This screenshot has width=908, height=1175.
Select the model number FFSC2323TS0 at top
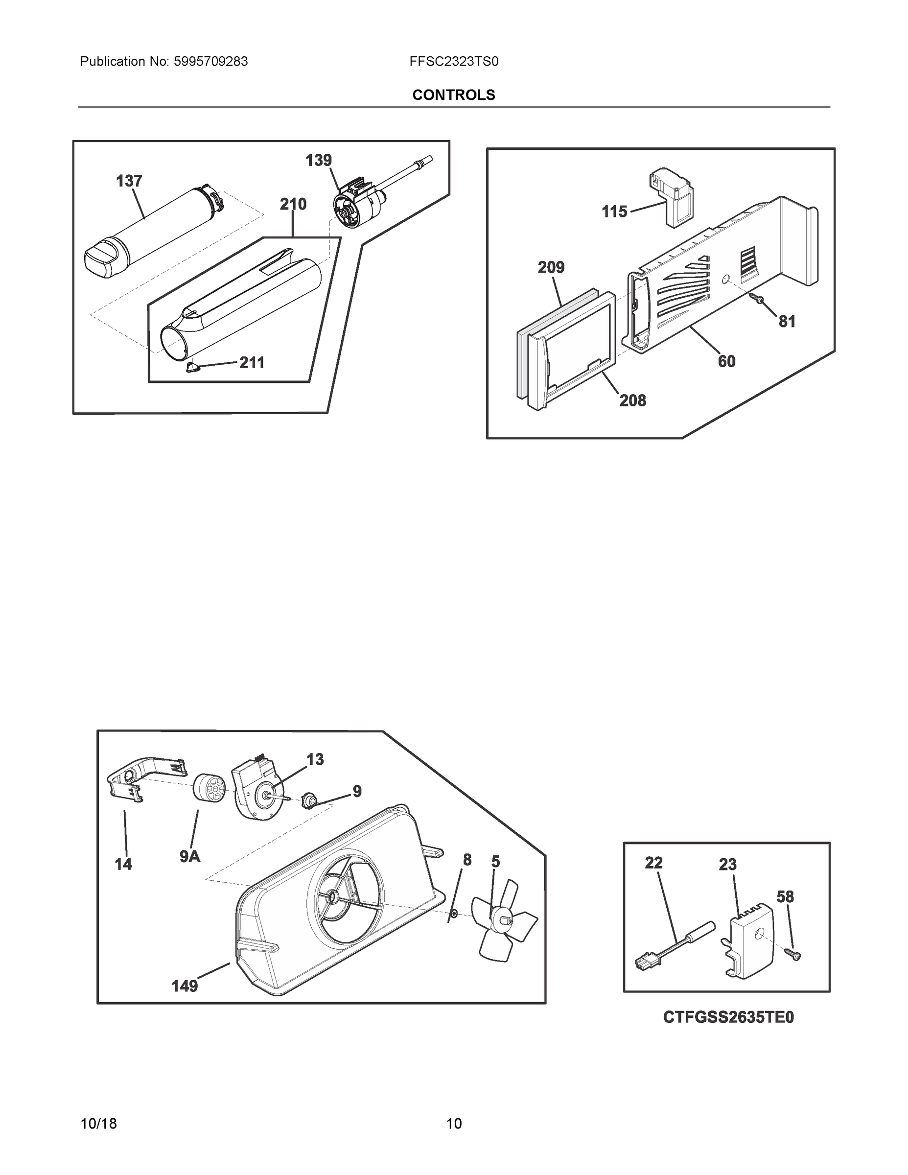453,62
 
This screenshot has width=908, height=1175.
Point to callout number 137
129,181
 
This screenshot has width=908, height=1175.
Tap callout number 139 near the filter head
319,160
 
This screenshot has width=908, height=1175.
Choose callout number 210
293,205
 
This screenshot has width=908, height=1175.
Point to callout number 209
551,267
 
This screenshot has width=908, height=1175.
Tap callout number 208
632,400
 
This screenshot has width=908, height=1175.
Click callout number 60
726,361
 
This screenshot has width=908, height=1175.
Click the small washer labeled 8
453,914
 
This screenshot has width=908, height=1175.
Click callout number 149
185,986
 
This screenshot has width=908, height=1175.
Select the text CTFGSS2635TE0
728,1017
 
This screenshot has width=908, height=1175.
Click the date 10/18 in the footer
98,1124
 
